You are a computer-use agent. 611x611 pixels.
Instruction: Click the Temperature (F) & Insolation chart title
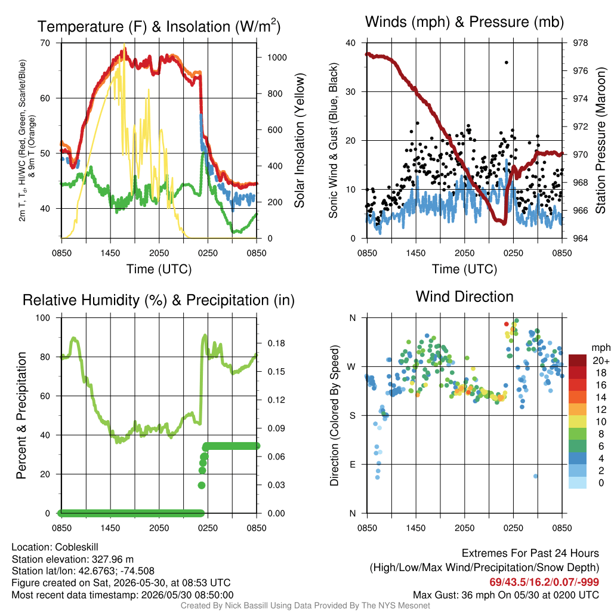159,26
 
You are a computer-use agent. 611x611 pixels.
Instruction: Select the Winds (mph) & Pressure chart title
464,22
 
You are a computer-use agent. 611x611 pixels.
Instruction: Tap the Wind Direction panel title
464,297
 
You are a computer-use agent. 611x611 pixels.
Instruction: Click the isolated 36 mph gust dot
506,62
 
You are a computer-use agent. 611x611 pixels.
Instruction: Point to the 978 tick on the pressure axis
580,43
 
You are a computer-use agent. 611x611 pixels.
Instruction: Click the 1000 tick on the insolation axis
277,57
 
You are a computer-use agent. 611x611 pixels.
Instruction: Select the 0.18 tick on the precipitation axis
276,343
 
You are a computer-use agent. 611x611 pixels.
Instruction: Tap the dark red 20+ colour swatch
578,360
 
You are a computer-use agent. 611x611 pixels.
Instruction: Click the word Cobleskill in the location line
77,547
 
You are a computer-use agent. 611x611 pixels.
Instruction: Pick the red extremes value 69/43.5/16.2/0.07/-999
544,582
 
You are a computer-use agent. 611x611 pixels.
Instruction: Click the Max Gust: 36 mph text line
506,595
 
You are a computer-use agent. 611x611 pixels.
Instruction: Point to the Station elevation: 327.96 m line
72,559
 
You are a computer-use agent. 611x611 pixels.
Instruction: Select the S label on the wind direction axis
352,415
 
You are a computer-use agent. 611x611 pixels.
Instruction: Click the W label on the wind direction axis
351,367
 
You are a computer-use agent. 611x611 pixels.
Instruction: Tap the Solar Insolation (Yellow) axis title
300,140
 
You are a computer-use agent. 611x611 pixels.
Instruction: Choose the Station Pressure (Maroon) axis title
600,140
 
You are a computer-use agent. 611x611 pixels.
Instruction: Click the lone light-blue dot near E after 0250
535,476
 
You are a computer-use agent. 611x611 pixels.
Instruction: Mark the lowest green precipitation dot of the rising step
202,485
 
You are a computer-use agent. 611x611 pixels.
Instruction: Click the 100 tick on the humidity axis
43,317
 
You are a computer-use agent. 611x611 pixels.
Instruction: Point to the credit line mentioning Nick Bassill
305,606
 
